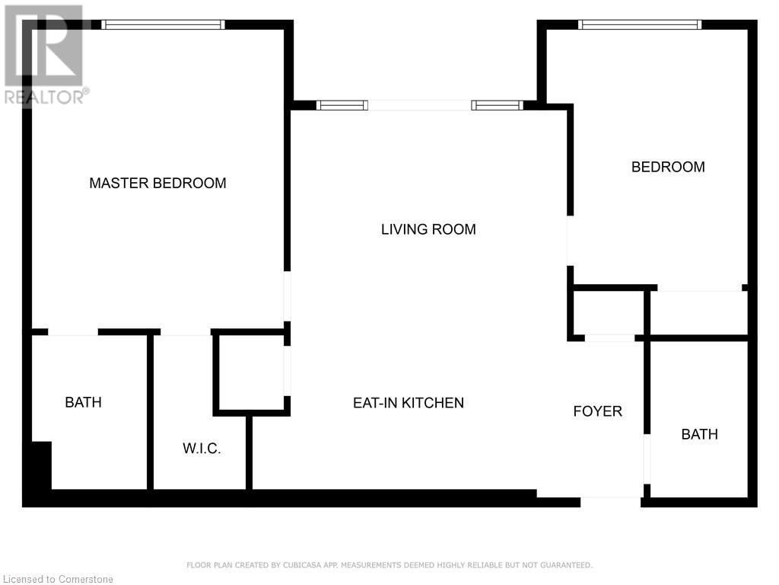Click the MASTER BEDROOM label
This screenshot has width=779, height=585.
tap(157, 183)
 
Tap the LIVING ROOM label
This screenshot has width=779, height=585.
tap(428, 229)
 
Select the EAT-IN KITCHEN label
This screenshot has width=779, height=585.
tap(409, 403)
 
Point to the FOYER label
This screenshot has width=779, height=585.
tap(598, 411)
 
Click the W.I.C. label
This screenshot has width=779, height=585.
tap(202, 449)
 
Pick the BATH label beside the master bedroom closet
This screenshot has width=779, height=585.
tap(84, 402)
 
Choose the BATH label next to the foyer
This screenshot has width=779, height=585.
tap(700, 434)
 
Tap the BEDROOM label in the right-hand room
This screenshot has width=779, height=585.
tap(668, 167)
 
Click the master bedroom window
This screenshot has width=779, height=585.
tap(163, 24)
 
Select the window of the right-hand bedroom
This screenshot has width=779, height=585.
tap(640, 24)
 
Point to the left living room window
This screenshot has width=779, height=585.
tap(342, 105)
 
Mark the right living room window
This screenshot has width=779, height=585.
tap(498, 105)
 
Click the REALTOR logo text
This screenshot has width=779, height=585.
tap(46, 97)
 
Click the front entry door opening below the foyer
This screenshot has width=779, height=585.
tap(610, 497)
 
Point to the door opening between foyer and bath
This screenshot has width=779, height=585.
tap(647, 459)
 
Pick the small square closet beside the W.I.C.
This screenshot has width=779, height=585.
tap(251, 373)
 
